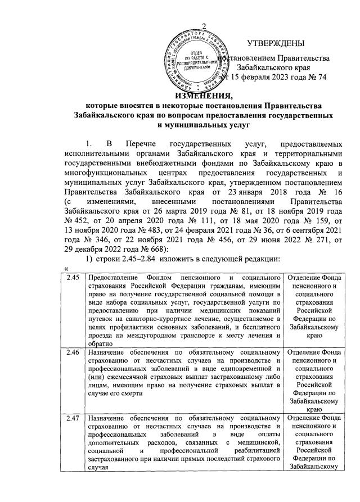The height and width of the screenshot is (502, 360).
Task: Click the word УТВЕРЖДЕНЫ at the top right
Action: [x=276, y=44]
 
